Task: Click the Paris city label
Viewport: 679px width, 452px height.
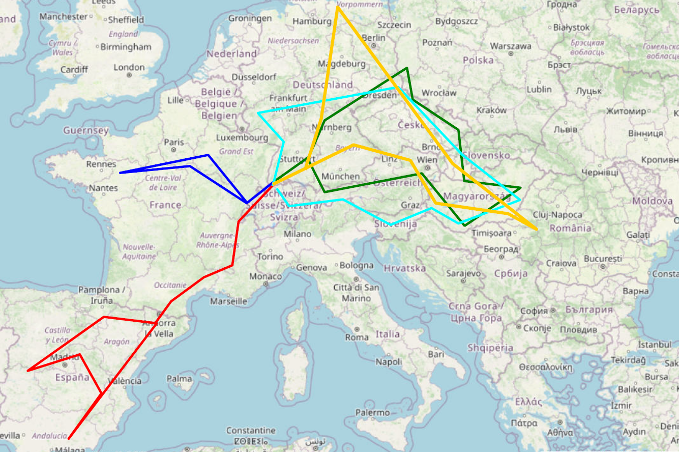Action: [173, 142]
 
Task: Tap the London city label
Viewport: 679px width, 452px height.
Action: [129, 67]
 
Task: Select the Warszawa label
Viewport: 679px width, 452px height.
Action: [511, 46]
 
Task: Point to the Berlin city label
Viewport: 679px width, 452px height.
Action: [374, 38]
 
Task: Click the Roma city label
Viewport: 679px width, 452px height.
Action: [357, 337]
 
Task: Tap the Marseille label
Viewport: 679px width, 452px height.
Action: [229, 301]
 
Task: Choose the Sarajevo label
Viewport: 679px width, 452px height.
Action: [463, 273]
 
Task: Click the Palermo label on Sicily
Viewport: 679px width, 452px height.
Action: [372, 412]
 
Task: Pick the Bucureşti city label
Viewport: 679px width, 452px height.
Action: [603, 259]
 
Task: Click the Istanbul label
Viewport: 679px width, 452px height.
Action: [655, 344]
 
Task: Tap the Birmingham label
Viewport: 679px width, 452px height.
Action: [126, 47]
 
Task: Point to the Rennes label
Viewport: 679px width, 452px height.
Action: [101, 164]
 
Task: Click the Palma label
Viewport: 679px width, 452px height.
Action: [179, 378]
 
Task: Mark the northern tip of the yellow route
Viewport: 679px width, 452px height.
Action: [338, 7]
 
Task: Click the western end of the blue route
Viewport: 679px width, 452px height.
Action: [121, 173]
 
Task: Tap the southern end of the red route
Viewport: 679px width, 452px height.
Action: [69, 438]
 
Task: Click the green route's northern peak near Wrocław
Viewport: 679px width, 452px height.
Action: [407, 68]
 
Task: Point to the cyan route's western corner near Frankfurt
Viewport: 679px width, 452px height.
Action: [258, 112]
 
